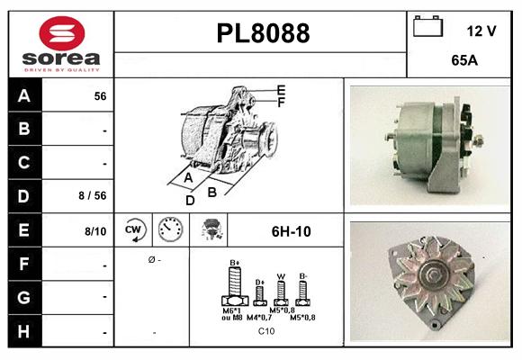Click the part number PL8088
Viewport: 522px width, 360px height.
click(x=263, y=33)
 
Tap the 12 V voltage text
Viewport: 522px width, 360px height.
click(x=481, y=31)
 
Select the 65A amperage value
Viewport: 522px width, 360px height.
click(x=464, y=60)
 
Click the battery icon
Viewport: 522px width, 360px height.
click(x=427, y=28)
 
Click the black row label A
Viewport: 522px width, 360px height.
click(x=23, y=95)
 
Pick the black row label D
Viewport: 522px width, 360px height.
click(x=23, y=194)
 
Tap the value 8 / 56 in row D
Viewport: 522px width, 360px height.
click(x=93, y=195)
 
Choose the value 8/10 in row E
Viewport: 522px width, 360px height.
click(x=94, y=231)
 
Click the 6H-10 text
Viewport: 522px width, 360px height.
click(x=291, y=231)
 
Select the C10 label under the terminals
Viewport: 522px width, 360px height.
click(x=266, y=331)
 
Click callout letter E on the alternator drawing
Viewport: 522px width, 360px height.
click(x=281, y=90)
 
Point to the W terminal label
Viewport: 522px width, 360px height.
click(x=280, y=277)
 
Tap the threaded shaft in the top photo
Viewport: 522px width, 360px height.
click(x=478, y=140)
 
